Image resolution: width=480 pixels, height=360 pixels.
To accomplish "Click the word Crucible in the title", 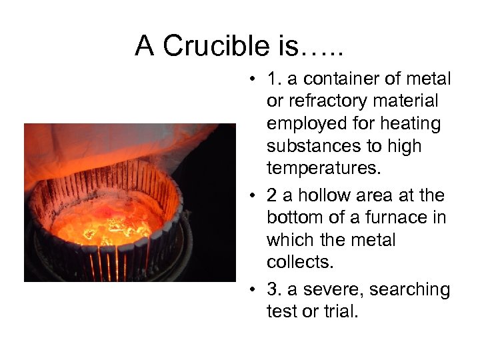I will (211, 46).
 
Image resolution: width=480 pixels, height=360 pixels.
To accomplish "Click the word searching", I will (409, 290).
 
